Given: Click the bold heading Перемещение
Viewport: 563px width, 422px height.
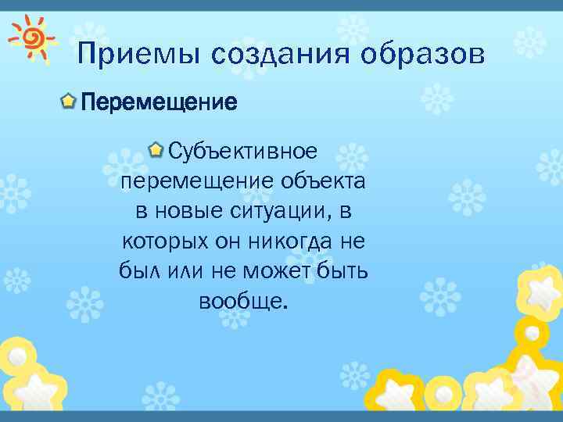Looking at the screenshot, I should click(159, 102).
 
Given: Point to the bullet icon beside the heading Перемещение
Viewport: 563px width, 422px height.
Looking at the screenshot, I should click(69, 101).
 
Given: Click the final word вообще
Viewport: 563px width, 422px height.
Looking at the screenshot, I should click(243, 302).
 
